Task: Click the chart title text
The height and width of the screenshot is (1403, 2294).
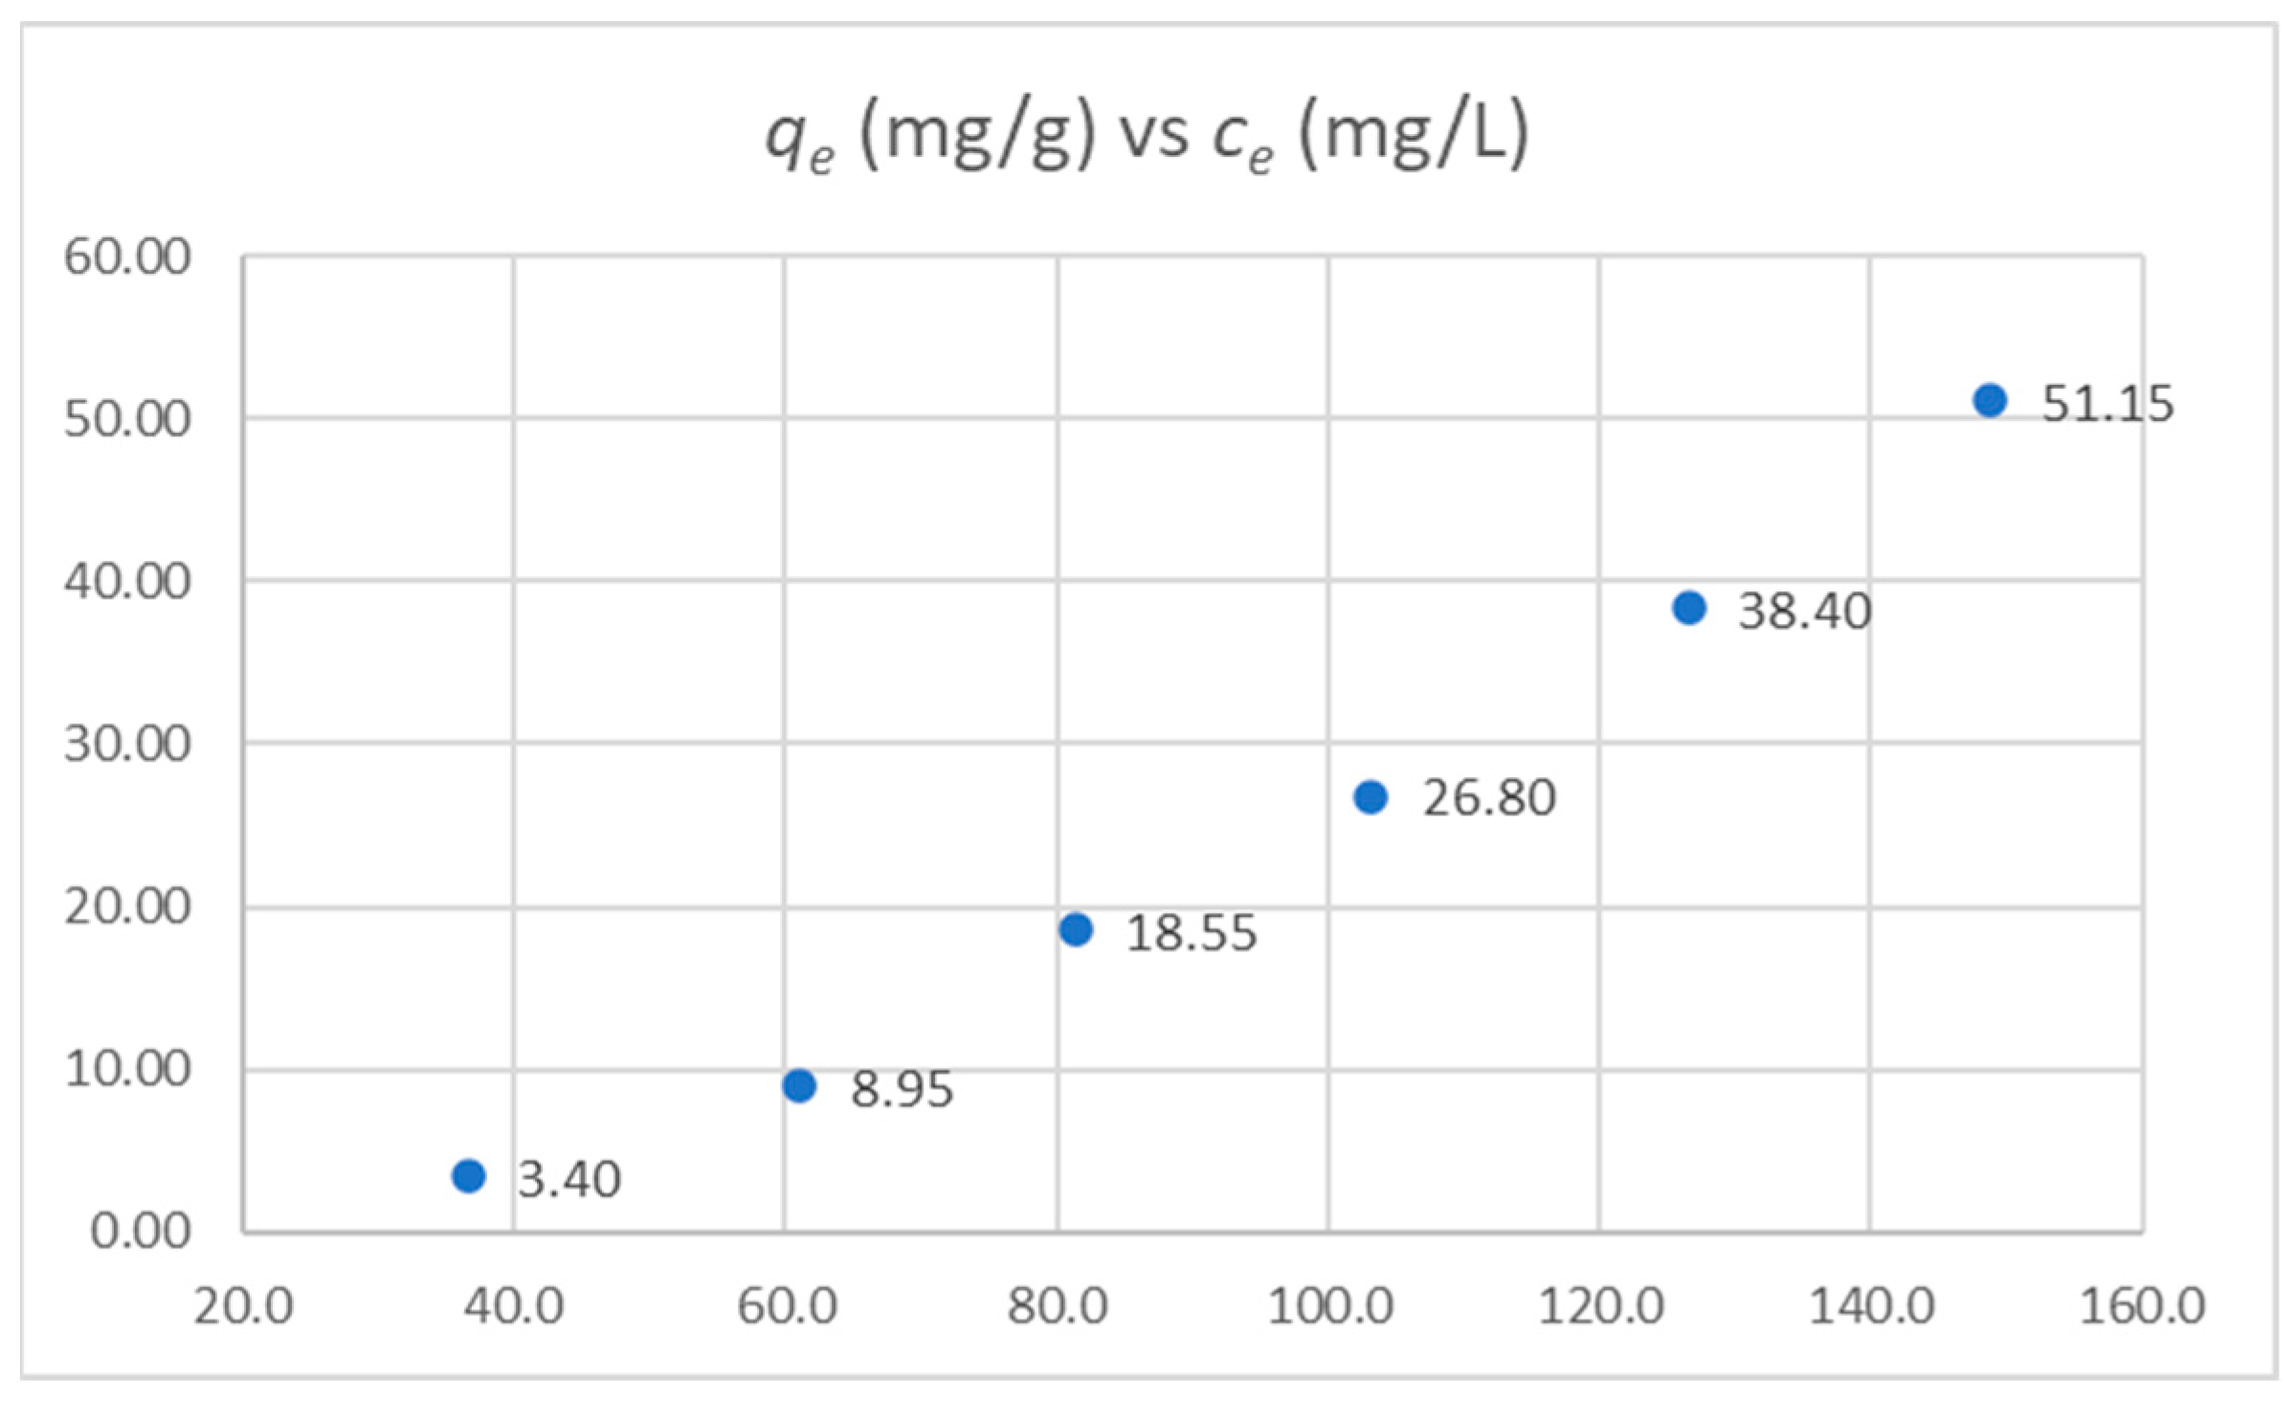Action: coord(1147,136)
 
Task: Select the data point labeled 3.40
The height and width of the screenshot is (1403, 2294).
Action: coord(469,1175)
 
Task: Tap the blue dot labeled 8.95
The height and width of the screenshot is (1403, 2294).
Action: coord(799,1085)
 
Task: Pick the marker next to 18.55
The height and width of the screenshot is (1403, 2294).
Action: coord(1076,929)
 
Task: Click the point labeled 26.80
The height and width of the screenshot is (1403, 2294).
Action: coord(1370,796)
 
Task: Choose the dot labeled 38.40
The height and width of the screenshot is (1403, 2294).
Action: coord(1689,608)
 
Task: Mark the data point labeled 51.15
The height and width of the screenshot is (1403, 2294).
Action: coord(1990,400)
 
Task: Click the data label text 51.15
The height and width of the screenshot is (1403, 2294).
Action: coord(2107,404)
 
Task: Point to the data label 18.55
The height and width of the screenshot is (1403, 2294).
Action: coord(1191,933)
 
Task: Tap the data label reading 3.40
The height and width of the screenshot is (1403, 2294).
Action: coord(569,1179)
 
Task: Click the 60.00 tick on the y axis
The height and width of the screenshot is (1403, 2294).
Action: coord(127,256)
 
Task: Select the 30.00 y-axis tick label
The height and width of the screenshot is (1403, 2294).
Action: coord(127,744)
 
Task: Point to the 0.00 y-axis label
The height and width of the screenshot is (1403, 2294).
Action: coord(140,1232)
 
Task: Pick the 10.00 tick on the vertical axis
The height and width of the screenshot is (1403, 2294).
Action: coord(127,1068)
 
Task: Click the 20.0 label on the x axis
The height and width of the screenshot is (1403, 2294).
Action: coord(243,1305)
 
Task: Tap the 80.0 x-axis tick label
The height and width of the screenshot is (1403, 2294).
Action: coord(1057,1305)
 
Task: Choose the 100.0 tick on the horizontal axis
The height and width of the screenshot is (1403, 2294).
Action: coord(1329,1305)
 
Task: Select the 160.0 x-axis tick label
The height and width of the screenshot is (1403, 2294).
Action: coord(2142,1305)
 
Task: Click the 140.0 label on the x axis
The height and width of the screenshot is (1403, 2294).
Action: coord(1871,1305)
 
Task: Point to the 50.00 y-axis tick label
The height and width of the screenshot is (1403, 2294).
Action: coord(127,419)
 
